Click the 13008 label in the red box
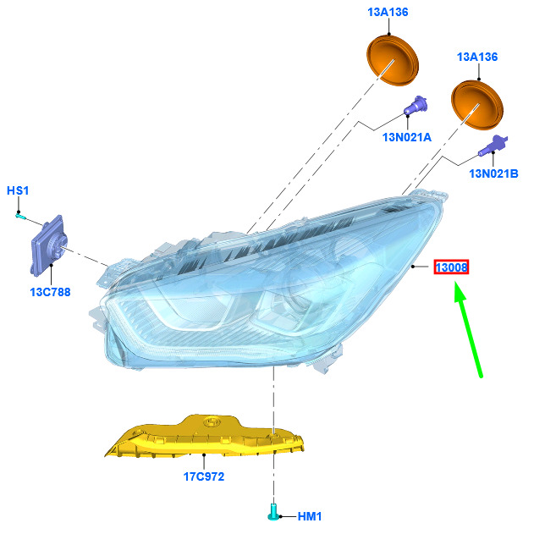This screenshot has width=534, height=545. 451,267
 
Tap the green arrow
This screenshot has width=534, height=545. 468,329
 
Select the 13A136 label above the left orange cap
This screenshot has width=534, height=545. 388,12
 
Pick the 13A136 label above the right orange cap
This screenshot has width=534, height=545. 477,57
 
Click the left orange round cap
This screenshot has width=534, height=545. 393,60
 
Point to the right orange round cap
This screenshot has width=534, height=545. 477,105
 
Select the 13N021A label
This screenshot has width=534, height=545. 407,137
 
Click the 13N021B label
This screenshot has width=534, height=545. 493,173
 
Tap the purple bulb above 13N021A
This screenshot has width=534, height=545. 416,105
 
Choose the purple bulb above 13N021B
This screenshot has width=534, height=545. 493,146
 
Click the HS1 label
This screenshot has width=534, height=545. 18,190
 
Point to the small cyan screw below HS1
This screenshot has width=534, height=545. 20,217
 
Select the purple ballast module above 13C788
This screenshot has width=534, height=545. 49,245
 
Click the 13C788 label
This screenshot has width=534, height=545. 51,292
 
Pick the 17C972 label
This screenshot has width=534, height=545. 204,476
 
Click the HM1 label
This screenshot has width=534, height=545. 310,516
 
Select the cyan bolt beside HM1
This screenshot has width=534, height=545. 273,512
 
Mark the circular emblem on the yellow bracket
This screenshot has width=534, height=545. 212,422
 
